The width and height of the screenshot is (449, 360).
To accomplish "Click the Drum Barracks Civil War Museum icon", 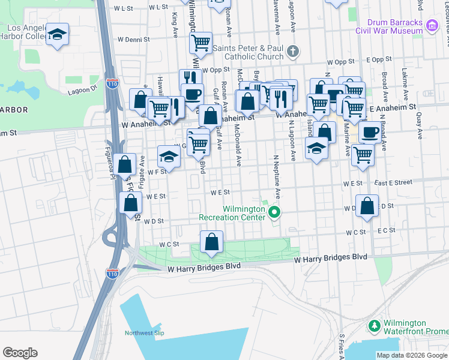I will [431, 25].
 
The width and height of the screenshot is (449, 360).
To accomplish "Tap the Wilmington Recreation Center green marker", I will [275, 212].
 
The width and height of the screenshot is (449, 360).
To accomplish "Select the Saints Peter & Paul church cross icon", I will [292, 51].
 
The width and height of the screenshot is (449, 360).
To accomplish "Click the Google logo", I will [20, 353].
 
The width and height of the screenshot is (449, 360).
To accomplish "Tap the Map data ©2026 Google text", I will [412, 355].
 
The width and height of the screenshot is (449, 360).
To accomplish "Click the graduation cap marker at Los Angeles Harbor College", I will [57, 35].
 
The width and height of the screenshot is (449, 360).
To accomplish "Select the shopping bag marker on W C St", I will [211, 242].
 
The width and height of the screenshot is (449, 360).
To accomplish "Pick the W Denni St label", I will [133, 40].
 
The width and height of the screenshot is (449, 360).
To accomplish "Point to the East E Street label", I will [394, 182].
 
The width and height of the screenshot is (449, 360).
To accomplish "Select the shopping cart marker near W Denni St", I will [200, 43].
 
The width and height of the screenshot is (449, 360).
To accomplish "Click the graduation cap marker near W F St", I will [169, 157].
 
